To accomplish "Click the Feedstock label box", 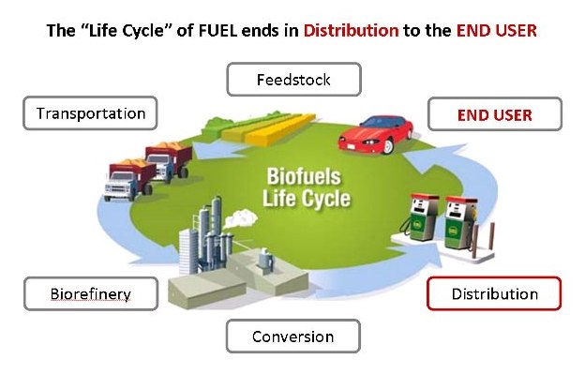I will [x=293, y=80].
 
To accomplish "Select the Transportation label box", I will [x=91, y=114].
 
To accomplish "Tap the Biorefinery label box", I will [x=91, y=294].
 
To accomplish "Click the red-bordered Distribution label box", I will [x=494, y=294].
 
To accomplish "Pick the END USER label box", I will [x=494, y=115].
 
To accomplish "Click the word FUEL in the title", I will [x=226, y=31].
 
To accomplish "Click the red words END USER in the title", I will [x=497, y=31].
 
